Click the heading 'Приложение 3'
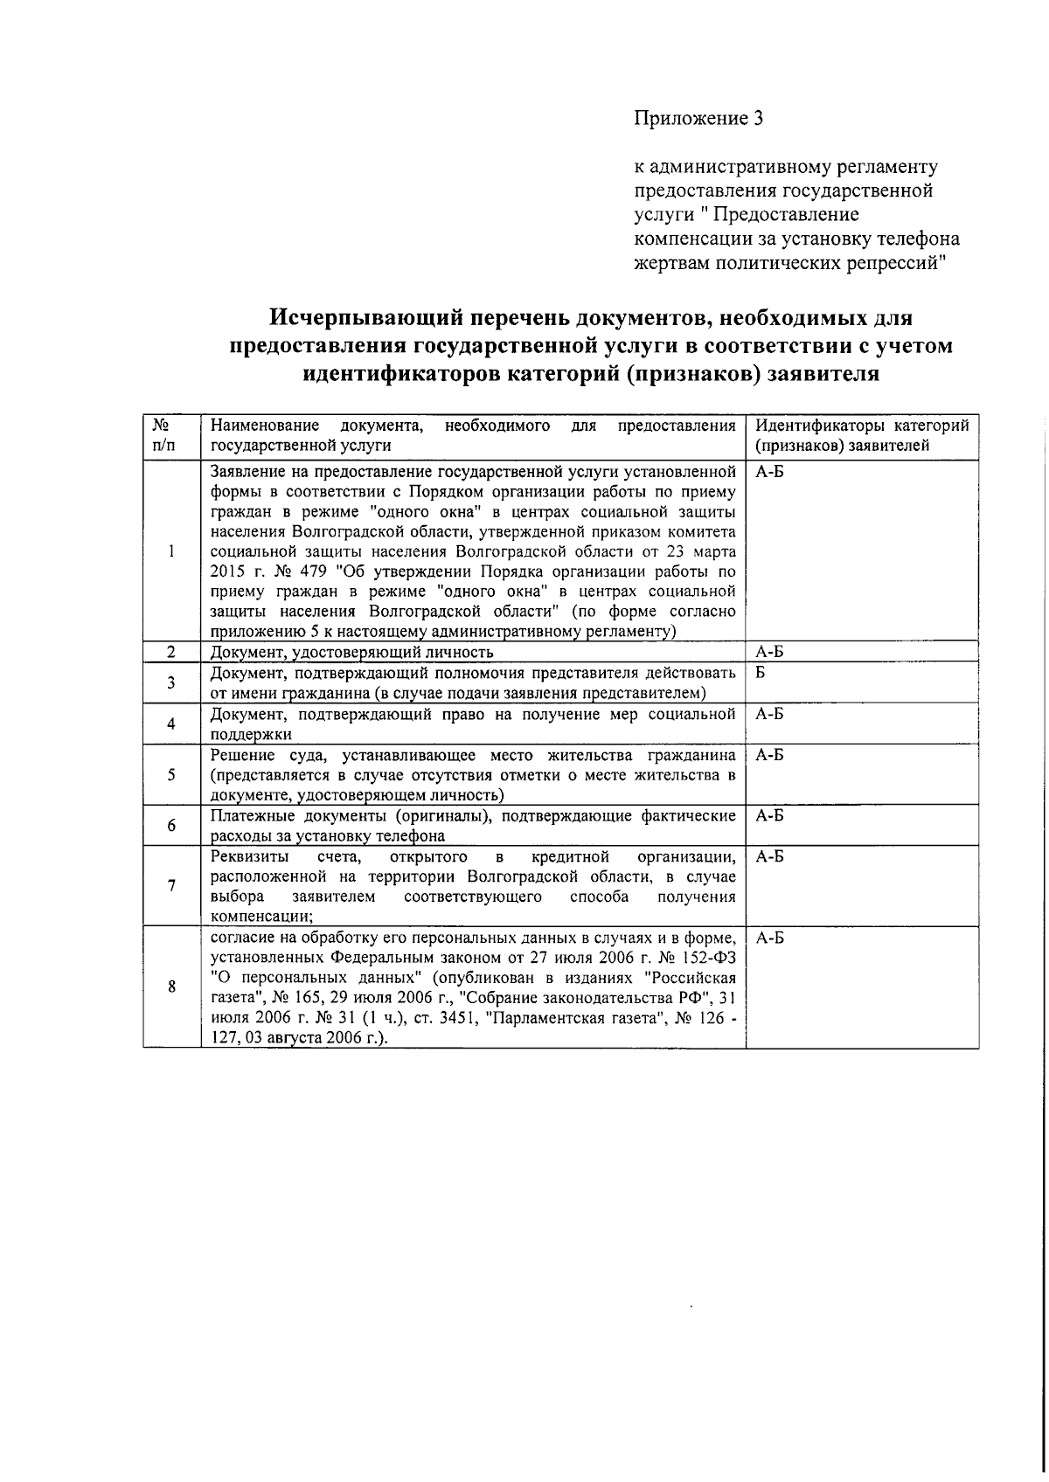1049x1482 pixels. tap(698, 119)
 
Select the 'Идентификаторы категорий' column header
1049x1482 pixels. tap(861, 426)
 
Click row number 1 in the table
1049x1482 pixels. tap(172, 551)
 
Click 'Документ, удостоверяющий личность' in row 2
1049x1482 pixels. tap(352, 652)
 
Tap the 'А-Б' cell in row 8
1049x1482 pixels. tap(769, 938)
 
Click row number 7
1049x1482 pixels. tap(172, 885)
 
